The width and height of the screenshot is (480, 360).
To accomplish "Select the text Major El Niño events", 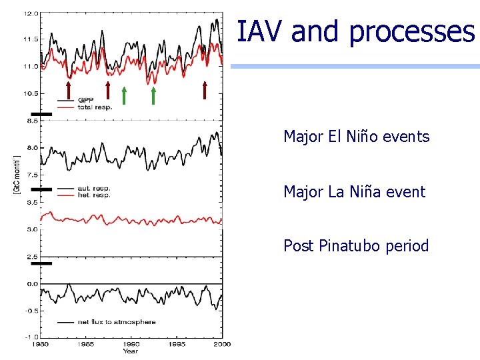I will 356,137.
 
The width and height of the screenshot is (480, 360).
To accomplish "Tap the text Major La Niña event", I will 354,192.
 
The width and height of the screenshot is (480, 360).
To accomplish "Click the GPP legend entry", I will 86,100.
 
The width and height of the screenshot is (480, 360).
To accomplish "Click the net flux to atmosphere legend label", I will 116,322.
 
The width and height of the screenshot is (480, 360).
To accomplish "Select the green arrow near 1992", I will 153,95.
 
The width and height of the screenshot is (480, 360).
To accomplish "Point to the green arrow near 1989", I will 124,95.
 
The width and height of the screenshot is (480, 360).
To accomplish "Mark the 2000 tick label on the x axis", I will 221,344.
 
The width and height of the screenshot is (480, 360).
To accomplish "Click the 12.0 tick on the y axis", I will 31,13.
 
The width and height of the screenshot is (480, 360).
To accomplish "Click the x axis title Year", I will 131,351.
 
